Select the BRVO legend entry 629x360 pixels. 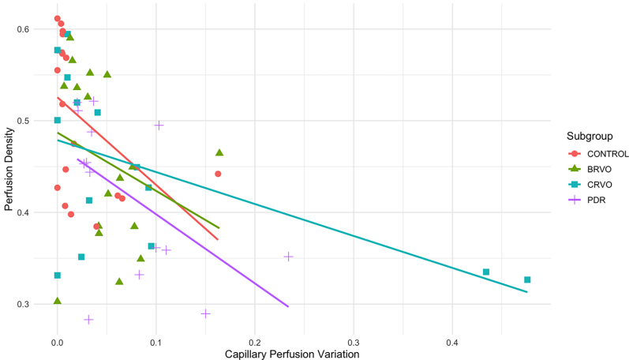tap(590, 169)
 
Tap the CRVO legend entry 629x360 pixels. tap(590, 185)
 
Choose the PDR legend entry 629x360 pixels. tap(587, 200)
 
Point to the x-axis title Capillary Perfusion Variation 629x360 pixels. tap(293, 354)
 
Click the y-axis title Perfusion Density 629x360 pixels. tap(9, 167)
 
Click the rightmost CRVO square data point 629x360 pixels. tap(527, 279)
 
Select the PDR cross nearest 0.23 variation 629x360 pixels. tap(289, 257)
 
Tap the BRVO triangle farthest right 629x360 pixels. tap(219, 152)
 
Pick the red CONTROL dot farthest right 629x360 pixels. tap(218, 174)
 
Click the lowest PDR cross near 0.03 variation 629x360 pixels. tap(88, 320)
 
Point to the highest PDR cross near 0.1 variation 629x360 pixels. tap(159, 125)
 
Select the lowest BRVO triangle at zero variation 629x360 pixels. tap(58, 301)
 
